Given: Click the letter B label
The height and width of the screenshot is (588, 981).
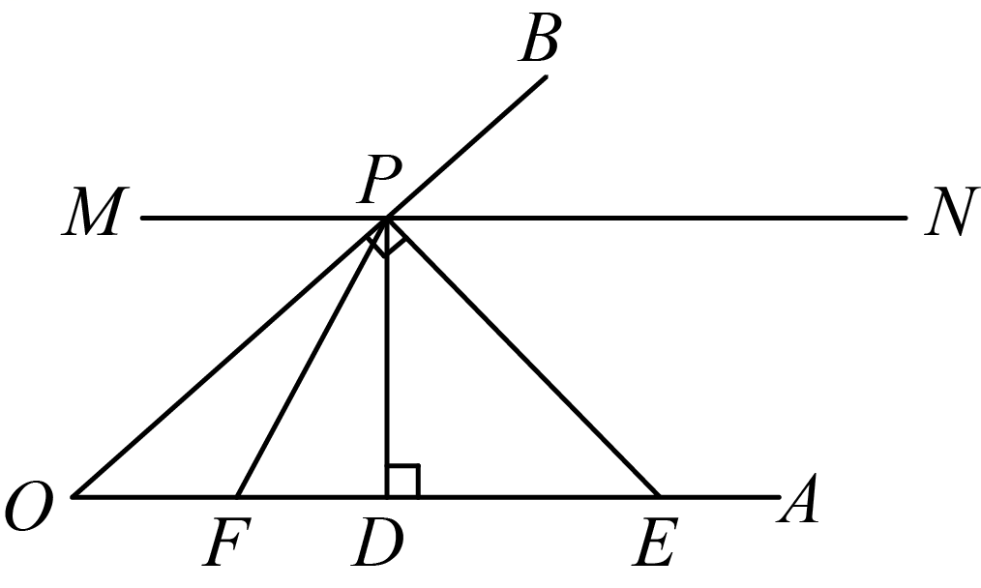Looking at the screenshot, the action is pos(538,39).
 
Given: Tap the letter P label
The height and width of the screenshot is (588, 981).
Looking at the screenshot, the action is pos(379,180).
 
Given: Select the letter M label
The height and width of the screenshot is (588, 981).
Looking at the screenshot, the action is pos(95,212).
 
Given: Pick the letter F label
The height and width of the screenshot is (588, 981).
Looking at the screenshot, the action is pos(226,542).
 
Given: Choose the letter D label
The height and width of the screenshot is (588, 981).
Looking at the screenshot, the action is pos(377,542).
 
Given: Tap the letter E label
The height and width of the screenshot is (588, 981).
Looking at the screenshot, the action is pos(655,542).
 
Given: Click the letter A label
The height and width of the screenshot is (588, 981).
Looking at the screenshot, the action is pos(798,498).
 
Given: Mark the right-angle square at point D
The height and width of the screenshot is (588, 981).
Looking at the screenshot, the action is pos(403,481).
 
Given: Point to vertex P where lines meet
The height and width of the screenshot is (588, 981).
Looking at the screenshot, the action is pos(388,218).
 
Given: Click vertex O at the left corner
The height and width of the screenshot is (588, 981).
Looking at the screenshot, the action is pos(74,497).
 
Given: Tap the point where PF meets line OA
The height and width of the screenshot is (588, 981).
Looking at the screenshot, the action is pos(236,497).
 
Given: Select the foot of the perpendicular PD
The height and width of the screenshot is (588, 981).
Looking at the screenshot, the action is pos(388,497).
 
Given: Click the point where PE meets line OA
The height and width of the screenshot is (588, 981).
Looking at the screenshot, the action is pos(660,497).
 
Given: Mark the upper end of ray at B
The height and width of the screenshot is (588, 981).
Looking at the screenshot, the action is pos(547,77).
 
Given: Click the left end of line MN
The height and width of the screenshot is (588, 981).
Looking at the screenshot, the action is pos(142,218).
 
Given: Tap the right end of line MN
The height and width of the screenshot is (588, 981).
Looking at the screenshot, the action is pos(906,218).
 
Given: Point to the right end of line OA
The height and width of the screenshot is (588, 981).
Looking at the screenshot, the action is pos(779,497).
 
